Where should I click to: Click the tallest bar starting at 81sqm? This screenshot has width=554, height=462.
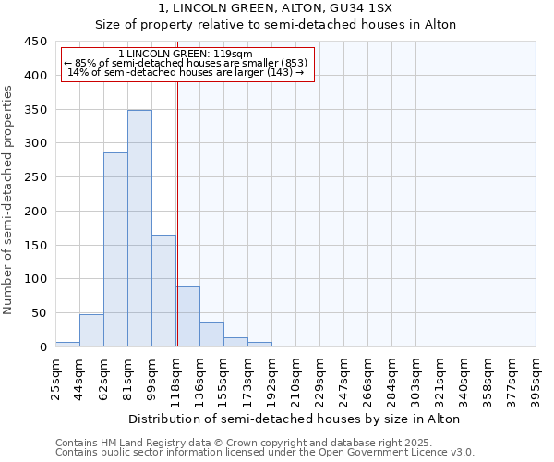tap(139, 228)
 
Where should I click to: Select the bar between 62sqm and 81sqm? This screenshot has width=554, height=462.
tap(115, 249)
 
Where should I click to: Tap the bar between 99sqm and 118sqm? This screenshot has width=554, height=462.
tap(163, 291)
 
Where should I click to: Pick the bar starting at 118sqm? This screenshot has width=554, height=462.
tap(187, 317)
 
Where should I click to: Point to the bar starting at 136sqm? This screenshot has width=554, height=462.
tap(211, 334)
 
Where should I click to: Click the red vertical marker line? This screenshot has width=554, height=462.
tap(176, 213)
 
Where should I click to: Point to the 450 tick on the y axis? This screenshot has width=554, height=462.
tap(36, 42)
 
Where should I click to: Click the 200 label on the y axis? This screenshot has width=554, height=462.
tap(36, 212)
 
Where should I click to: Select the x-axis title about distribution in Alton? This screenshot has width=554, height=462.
tap(295, 419)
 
